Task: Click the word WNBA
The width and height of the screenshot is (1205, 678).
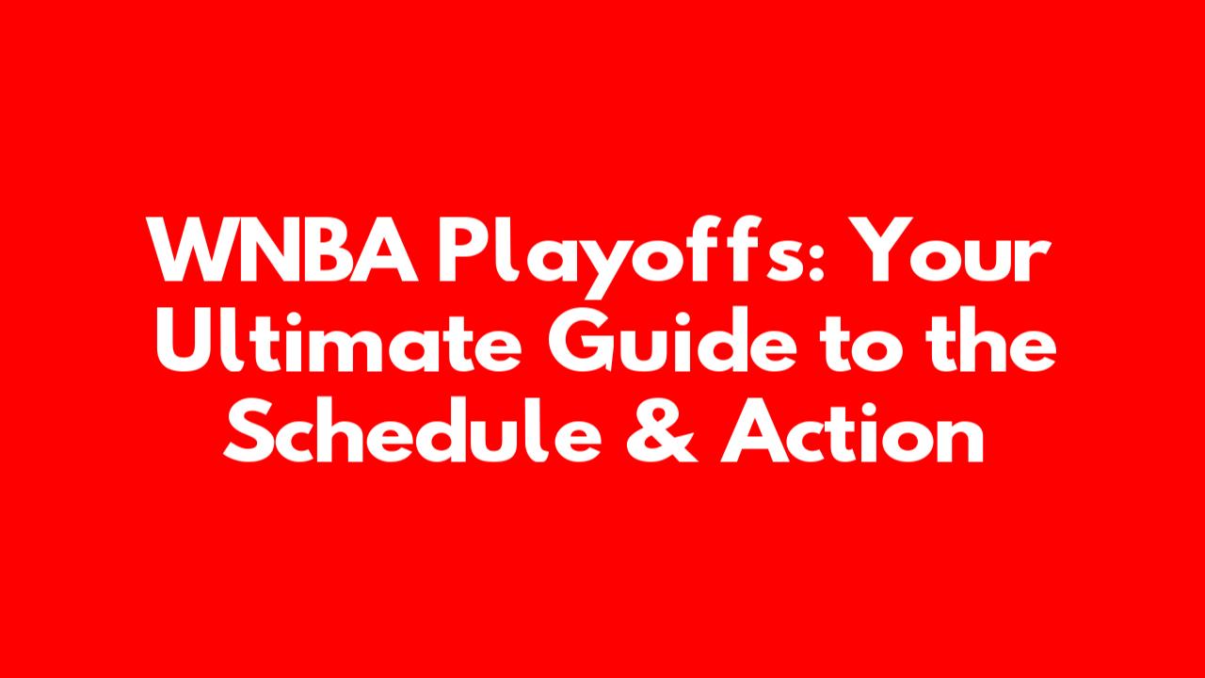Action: click(283, 250)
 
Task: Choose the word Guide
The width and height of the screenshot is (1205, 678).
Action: click(672, 339)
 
